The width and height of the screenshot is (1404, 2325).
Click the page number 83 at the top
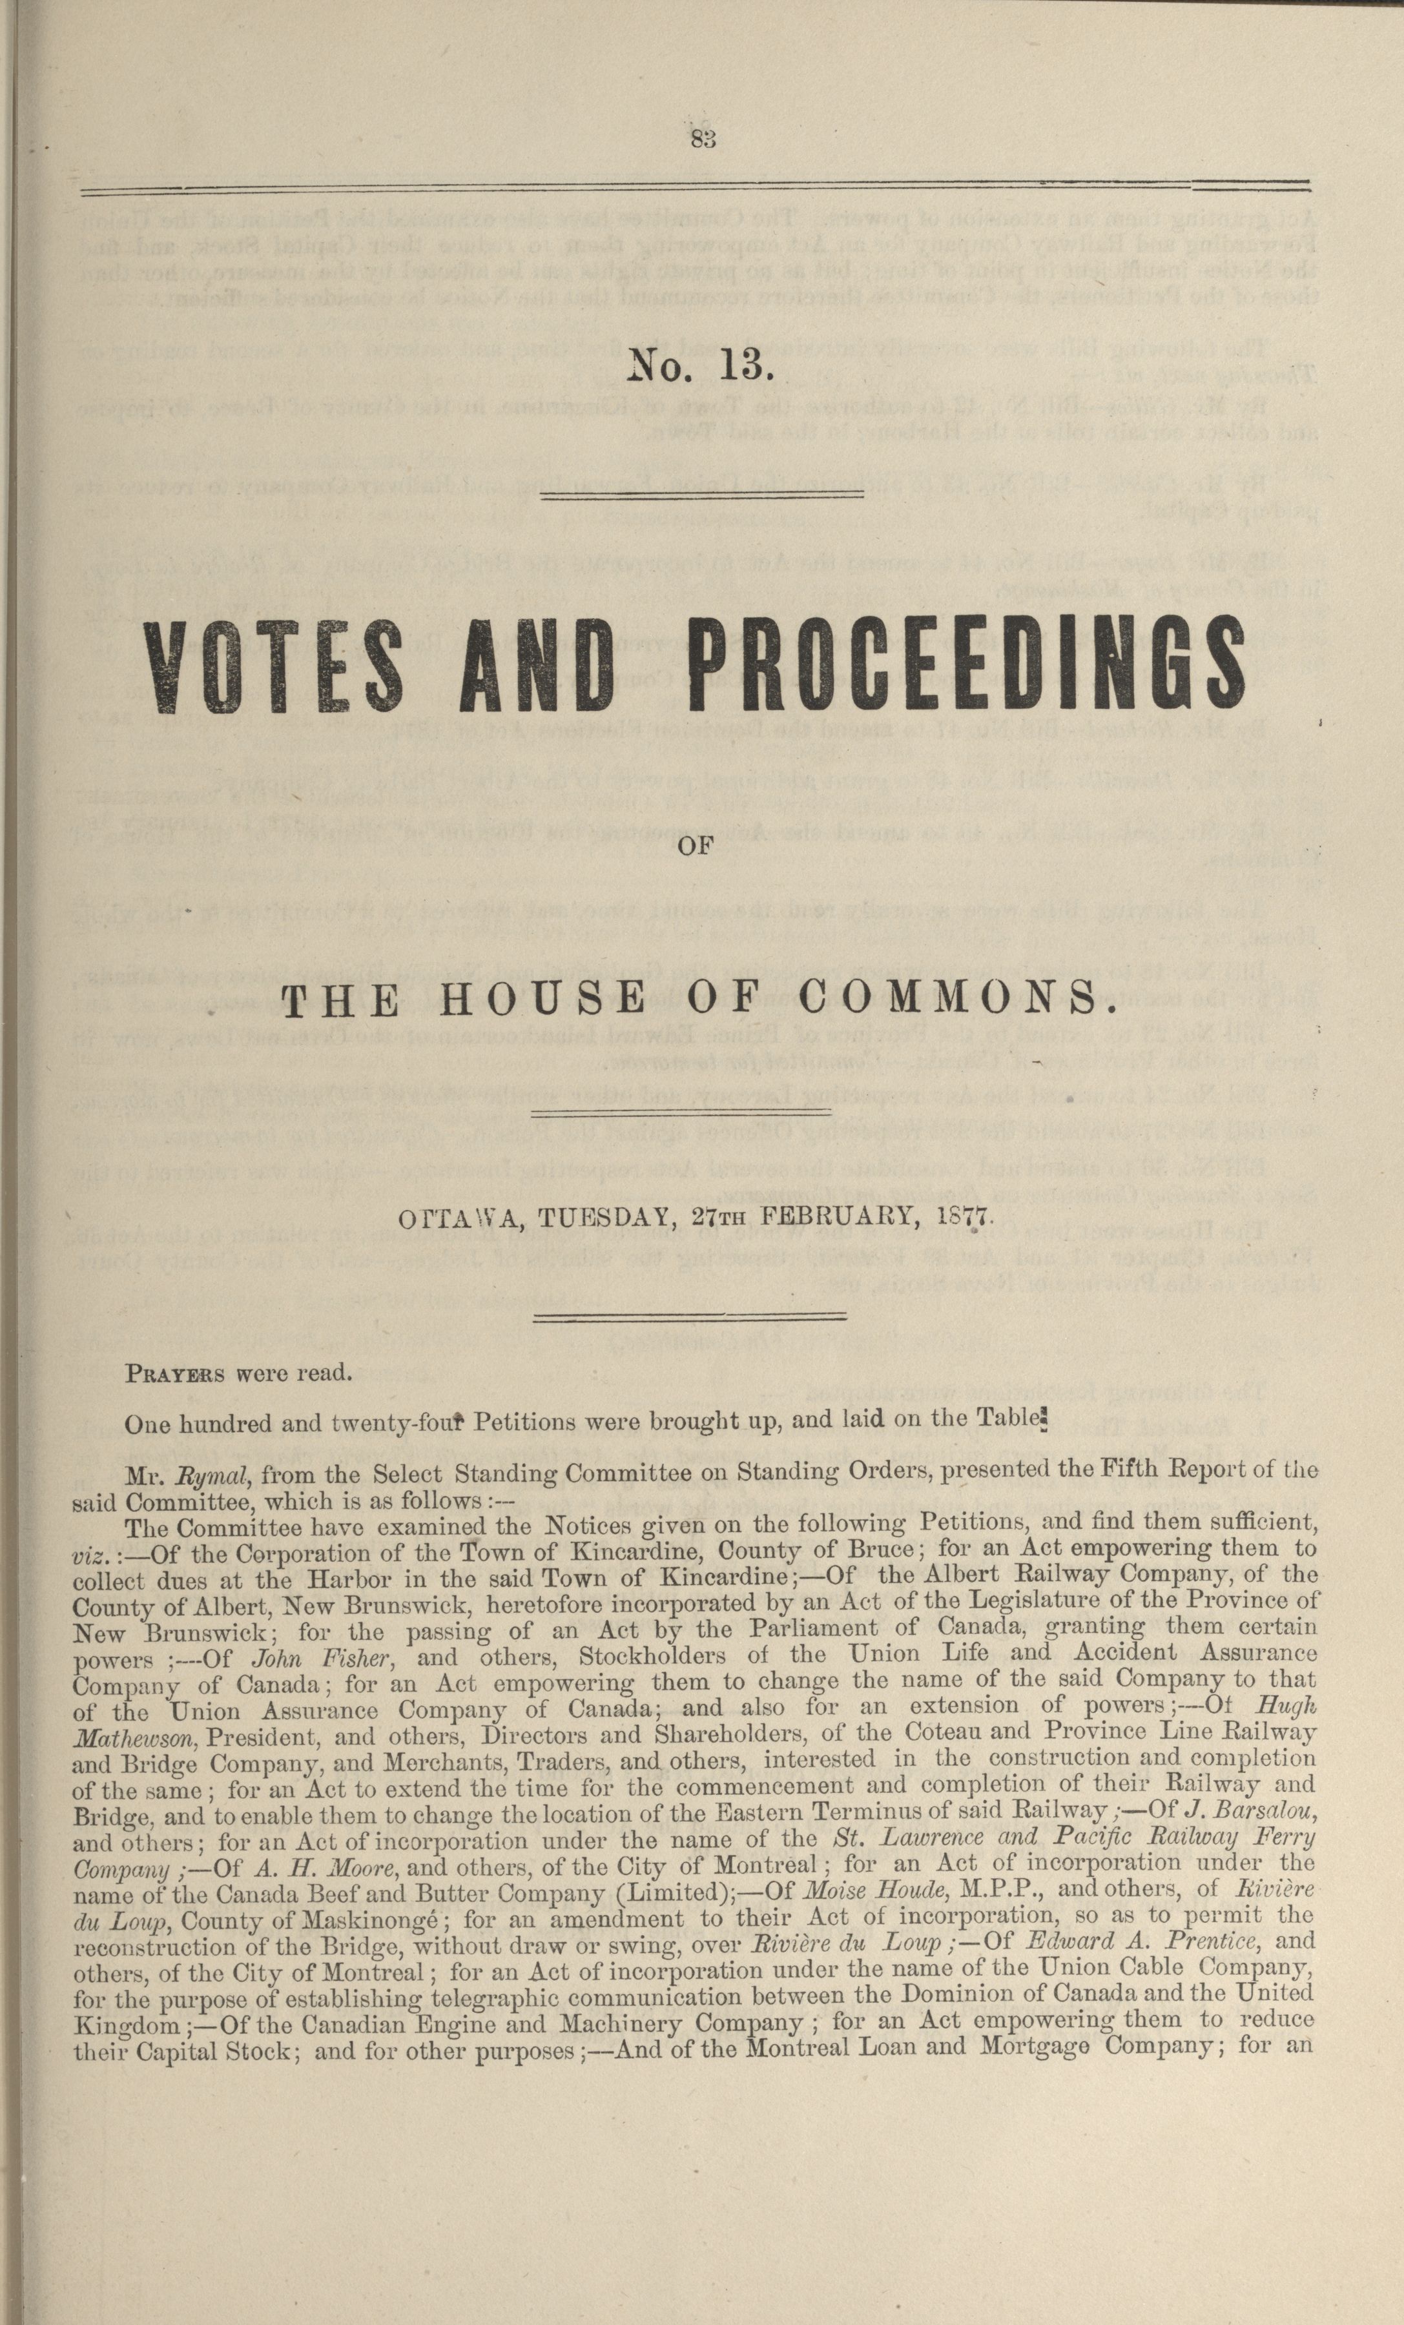tap(704, 139)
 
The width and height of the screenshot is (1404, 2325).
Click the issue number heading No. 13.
tap(701, 365)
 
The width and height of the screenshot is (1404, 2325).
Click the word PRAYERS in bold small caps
tap(174, 1374)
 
